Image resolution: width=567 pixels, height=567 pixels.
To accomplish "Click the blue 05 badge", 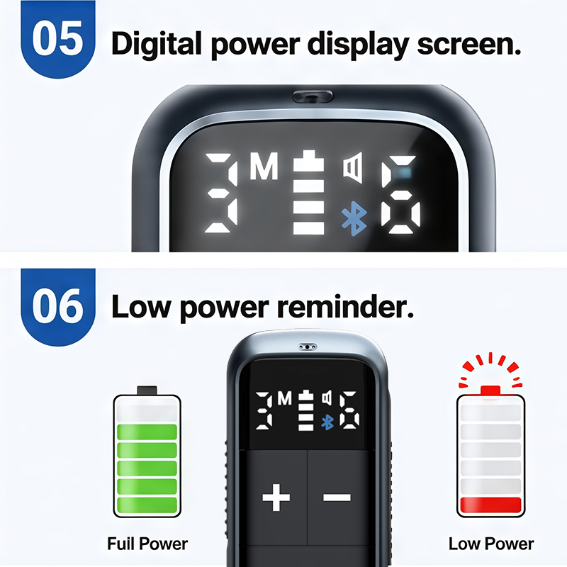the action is [58, 39].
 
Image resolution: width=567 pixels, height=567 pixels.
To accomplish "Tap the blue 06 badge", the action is [58, 307].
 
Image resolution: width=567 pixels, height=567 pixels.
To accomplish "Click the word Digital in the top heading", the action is [156, 43].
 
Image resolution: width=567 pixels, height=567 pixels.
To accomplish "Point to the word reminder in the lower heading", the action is [345, 306].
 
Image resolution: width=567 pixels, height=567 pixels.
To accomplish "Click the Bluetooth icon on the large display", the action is [354, 218].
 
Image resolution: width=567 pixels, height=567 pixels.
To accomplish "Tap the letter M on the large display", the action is [264, 166].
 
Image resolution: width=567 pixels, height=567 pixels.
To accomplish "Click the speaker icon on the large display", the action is [353, 168].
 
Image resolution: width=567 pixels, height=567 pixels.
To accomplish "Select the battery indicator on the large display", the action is [308, 192].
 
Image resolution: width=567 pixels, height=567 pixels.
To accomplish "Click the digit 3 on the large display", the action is [220, 193].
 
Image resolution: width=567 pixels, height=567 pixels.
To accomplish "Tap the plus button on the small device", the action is [276, 497].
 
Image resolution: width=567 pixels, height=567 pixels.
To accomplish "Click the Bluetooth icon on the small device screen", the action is [327, 422].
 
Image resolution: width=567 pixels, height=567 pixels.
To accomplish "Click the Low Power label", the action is [491, 544].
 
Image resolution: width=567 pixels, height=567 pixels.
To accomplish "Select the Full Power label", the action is [147, 544].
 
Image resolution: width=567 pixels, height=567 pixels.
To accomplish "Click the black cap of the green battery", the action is [147, 391].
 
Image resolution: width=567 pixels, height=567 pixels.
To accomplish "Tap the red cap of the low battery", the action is [490, 391].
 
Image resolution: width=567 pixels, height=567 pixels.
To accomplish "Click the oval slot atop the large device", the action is [313, 96].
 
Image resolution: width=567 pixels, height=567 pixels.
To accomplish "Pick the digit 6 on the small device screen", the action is [349, 411].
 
